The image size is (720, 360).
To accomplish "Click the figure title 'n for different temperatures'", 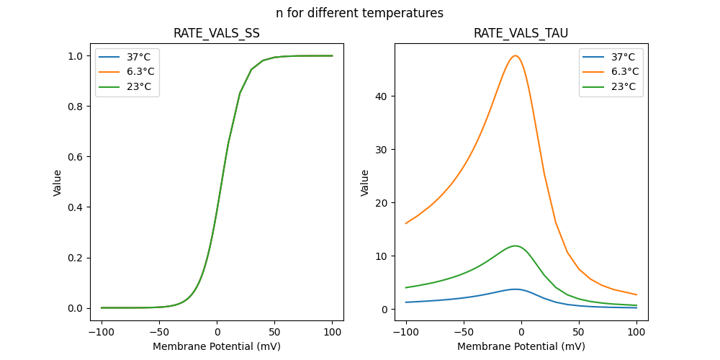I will (x=359, y=13).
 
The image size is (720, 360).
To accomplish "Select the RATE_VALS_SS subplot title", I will (x=217, y=33).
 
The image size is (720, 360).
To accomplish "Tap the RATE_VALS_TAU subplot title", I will (x=521, y=33).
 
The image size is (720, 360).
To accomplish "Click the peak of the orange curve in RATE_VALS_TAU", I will (x=515, y=55).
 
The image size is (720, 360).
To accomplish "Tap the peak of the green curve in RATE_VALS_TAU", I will (x=515, y=246).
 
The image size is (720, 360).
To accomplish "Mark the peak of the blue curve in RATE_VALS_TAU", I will (x=515, y=289).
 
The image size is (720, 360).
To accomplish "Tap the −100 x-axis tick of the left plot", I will (x=102, y=333).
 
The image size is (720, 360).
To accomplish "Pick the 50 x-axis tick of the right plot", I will (x=578, y=333).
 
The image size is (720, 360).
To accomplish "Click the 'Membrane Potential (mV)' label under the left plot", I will (x=217, y=346).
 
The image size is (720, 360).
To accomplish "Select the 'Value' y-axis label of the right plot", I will (x=365, y=182).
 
